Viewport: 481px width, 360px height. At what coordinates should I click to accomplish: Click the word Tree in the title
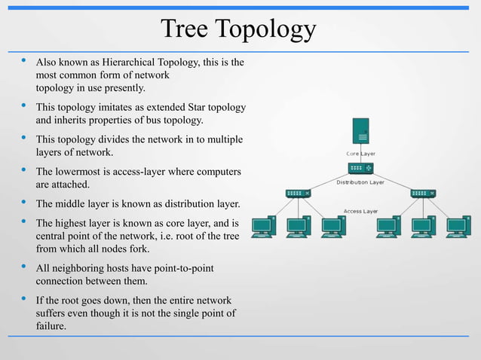click(185, 29)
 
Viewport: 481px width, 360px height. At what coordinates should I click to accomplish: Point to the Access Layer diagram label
click(360, 212)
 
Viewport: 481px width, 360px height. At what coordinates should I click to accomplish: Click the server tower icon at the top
click(360, 131)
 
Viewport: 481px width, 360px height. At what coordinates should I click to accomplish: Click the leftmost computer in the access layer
click(264, 226)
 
